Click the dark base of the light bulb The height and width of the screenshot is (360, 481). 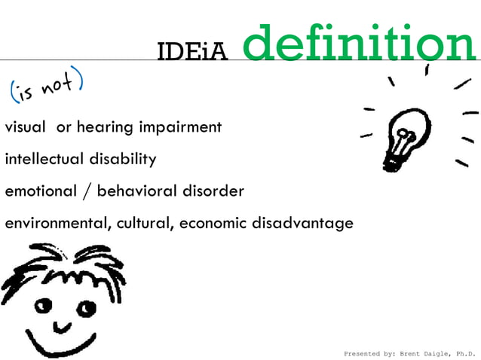coord(394,160)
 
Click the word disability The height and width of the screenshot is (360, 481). coord(119,159)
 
